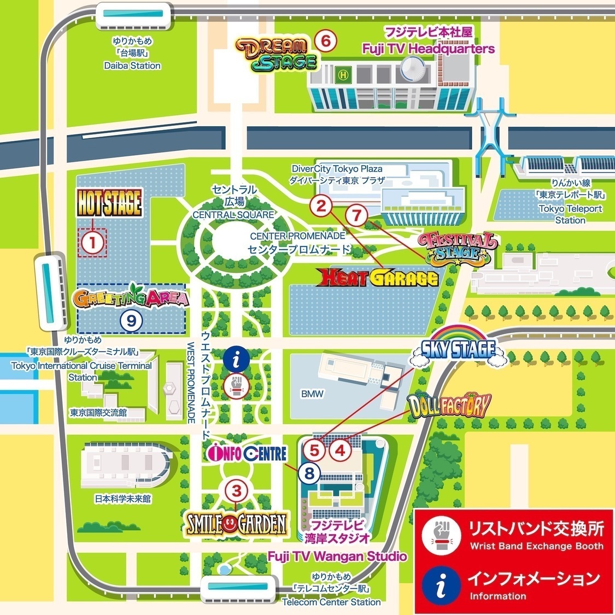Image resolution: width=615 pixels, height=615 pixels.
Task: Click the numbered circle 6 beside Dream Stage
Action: tap(325, 40)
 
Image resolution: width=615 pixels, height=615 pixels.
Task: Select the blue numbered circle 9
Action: tap(131, 320)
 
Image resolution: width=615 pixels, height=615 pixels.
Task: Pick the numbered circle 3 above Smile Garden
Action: tap(236, 491)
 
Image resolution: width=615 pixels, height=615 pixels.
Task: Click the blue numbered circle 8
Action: tap(310, 473)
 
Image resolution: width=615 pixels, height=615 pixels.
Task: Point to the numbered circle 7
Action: tap(356, 215)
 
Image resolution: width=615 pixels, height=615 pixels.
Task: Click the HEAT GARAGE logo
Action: tap(379, 278)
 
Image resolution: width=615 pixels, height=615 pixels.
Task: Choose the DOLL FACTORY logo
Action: tap(449, 405)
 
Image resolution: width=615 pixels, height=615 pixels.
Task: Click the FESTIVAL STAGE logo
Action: tap(458, 247)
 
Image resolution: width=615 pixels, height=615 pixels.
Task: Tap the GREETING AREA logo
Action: tap(131, 298)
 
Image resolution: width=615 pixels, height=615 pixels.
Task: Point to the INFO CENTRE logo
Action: tap(248, 453)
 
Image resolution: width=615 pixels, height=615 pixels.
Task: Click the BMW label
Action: tap(312, 394)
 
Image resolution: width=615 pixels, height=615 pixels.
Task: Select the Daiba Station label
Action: tap(132, 66)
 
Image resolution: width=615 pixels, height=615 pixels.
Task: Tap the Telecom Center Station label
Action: tap(331, 602)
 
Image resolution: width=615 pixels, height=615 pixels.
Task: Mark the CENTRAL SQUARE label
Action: tap(233, 215)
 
